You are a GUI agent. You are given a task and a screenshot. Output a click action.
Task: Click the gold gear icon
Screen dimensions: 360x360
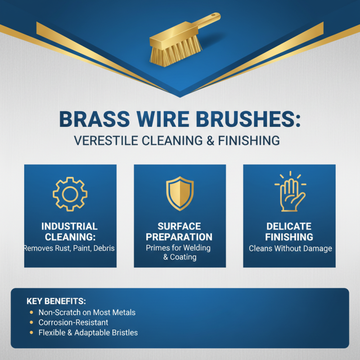coord(70,194)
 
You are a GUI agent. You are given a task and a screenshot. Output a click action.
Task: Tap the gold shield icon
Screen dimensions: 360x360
coord(180,193)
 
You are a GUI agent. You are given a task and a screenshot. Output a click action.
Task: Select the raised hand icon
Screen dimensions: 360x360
coord(290,192)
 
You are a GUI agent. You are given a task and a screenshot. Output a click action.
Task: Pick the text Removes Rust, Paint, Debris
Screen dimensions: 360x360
coord(70,248)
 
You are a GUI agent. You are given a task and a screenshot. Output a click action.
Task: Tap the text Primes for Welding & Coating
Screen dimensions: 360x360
coord(180,252)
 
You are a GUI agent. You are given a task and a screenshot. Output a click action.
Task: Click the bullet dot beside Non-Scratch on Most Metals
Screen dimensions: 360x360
coord(31,312)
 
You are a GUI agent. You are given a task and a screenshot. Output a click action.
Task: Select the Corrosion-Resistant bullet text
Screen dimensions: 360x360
coord(73,323)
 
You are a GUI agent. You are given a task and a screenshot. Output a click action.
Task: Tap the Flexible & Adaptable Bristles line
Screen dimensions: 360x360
coord(88,333)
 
